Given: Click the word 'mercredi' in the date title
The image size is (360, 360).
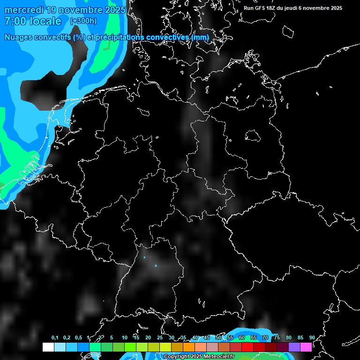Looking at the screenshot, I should tap(23, 10).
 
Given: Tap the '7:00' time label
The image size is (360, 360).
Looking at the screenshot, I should tap(14, 21).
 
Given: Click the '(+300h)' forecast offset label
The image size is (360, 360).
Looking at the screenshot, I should tap(83, 21).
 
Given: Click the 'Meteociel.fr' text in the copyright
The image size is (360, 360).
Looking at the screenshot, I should tap(219, 357).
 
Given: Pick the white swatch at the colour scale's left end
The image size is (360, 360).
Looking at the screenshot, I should tap(48, 347).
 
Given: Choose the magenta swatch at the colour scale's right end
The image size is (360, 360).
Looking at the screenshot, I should tap(306, 347).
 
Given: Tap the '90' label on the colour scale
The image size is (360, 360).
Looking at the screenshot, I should tap(312, 337).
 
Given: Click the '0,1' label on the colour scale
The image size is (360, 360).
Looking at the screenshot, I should tap(54, 337).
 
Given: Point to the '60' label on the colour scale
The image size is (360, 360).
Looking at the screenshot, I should tap(241, 337).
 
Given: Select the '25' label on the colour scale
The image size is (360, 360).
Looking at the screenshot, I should tap(159, 337).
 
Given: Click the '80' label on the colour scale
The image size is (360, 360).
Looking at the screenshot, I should tap(288, 337).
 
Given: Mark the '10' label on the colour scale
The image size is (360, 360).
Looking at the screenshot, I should tap(124, 337).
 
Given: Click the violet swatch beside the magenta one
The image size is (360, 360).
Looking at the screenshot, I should tap(294, 347).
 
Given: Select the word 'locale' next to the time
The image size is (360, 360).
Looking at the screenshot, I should tap(45, 21).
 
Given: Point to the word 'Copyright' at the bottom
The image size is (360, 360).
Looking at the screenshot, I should tap(177, 357).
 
